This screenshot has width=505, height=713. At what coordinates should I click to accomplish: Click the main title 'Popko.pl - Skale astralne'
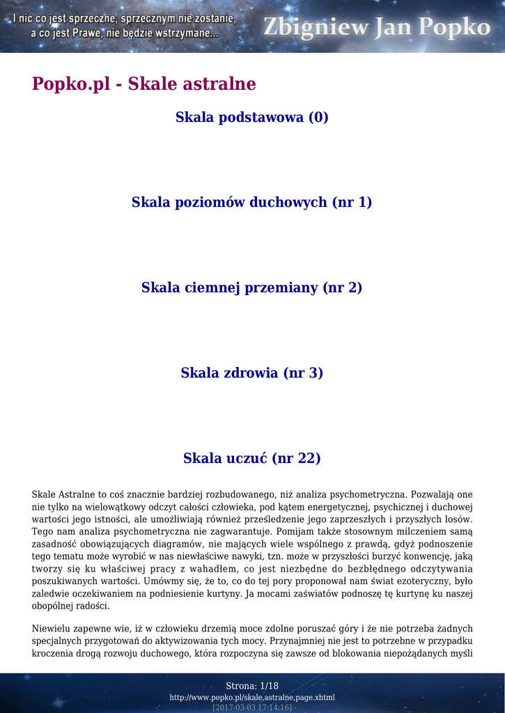[144, 84]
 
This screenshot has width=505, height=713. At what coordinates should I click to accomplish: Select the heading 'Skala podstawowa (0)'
[252, 117]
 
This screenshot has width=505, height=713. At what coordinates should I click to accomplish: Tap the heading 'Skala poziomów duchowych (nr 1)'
[252, 203]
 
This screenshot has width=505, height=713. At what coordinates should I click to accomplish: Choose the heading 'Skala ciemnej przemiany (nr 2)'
[252, 288]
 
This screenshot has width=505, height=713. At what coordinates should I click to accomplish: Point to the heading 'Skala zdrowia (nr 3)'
[252, 373]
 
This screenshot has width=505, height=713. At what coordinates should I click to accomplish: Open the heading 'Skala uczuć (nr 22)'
[252, 458]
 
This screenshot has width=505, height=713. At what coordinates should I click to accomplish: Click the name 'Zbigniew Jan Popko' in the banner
[376, 27]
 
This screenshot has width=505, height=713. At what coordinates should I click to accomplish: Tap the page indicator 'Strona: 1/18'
[252, 686]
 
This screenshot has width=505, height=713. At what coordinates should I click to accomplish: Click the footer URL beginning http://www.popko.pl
[252, 697]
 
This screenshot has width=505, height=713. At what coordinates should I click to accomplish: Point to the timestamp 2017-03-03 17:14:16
[252, 707]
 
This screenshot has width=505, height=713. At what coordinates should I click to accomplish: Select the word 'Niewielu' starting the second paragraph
[51, 628]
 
